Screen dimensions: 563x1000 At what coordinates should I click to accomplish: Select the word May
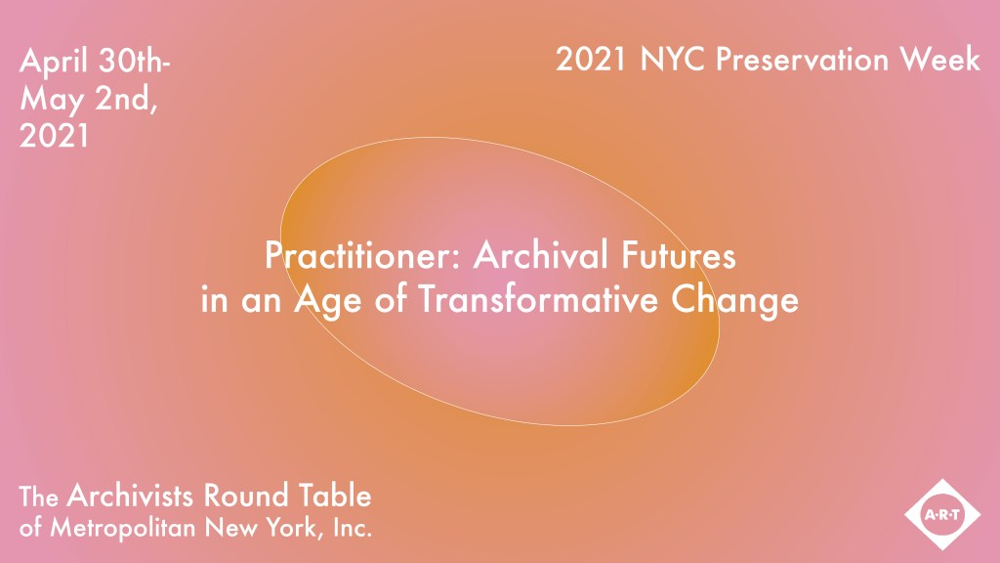click(50, 100)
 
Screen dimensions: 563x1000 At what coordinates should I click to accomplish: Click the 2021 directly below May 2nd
click(55, 136)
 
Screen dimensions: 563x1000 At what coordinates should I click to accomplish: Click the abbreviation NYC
click(674, 60)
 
